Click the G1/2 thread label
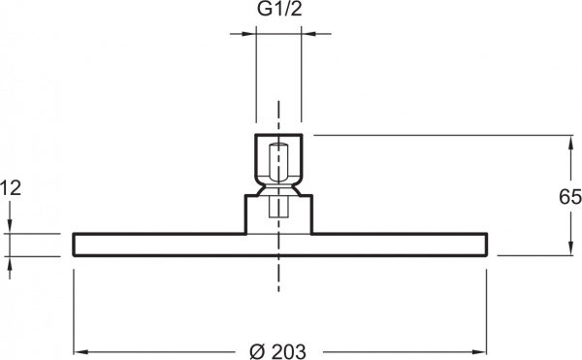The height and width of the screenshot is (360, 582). pos(277,12)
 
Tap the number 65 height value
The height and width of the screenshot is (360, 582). pos(569,198)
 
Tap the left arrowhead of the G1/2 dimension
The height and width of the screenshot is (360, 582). pos(249,35)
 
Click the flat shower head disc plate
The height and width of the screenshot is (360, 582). pos(145,245)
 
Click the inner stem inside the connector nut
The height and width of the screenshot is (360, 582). pos(278,160)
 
